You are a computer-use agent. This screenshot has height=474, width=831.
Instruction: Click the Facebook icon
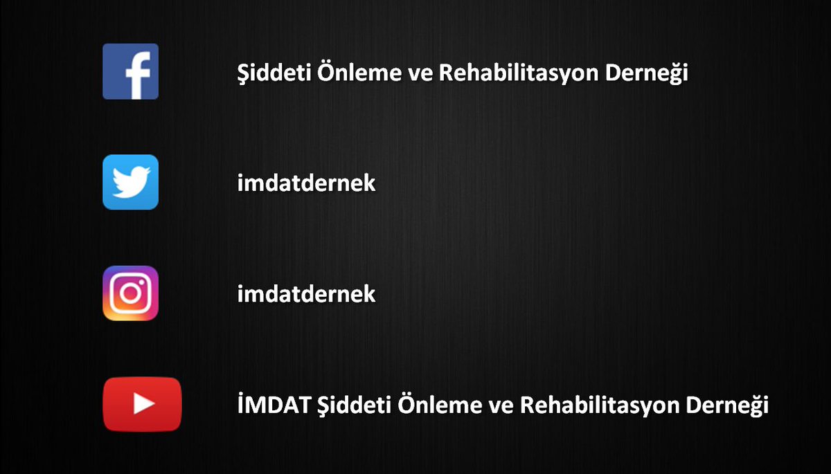pos(130,71)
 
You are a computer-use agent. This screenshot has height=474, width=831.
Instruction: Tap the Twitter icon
pos(130,182)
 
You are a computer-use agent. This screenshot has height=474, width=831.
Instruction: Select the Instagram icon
pos(130,293)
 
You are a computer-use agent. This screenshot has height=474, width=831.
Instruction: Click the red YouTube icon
pos(142,404)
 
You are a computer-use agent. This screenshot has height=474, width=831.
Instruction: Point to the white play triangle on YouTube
pos(143,404)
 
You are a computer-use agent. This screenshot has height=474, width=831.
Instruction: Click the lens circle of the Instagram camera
pos(130,293)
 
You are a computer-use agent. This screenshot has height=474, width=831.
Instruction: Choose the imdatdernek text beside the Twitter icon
pos(306,183)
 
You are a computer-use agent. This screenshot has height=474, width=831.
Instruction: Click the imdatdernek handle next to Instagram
pos(306,294)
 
